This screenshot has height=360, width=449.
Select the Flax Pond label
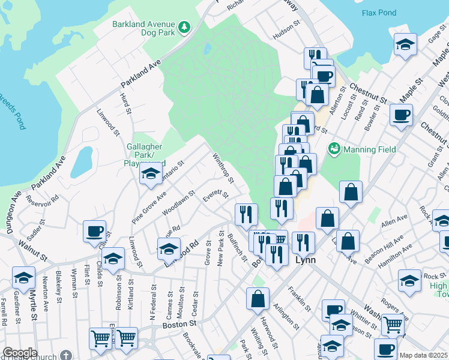click(x=379, y=13)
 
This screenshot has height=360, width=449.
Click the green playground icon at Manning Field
click(x=334, y=148)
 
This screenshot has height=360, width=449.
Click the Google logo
click(x=20, y=353)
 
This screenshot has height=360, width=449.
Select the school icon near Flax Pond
click(x=405, y=44)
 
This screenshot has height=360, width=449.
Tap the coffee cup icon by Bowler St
click(x=401, y=115)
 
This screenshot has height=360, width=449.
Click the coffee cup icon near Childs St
click(x=95, y=230)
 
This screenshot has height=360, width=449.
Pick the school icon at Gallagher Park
click(x=150, y=175)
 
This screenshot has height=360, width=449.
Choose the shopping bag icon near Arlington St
click(x=258, y=299)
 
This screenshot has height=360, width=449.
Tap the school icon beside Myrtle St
click(x=23, y=277)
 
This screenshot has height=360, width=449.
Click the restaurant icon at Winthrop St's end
click(x=246, y=213)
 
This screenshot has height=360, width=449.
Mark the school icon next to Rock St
click(x=410, y=279)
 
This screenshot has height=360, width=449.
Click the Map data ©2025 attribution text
click(x=423, y=355)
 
